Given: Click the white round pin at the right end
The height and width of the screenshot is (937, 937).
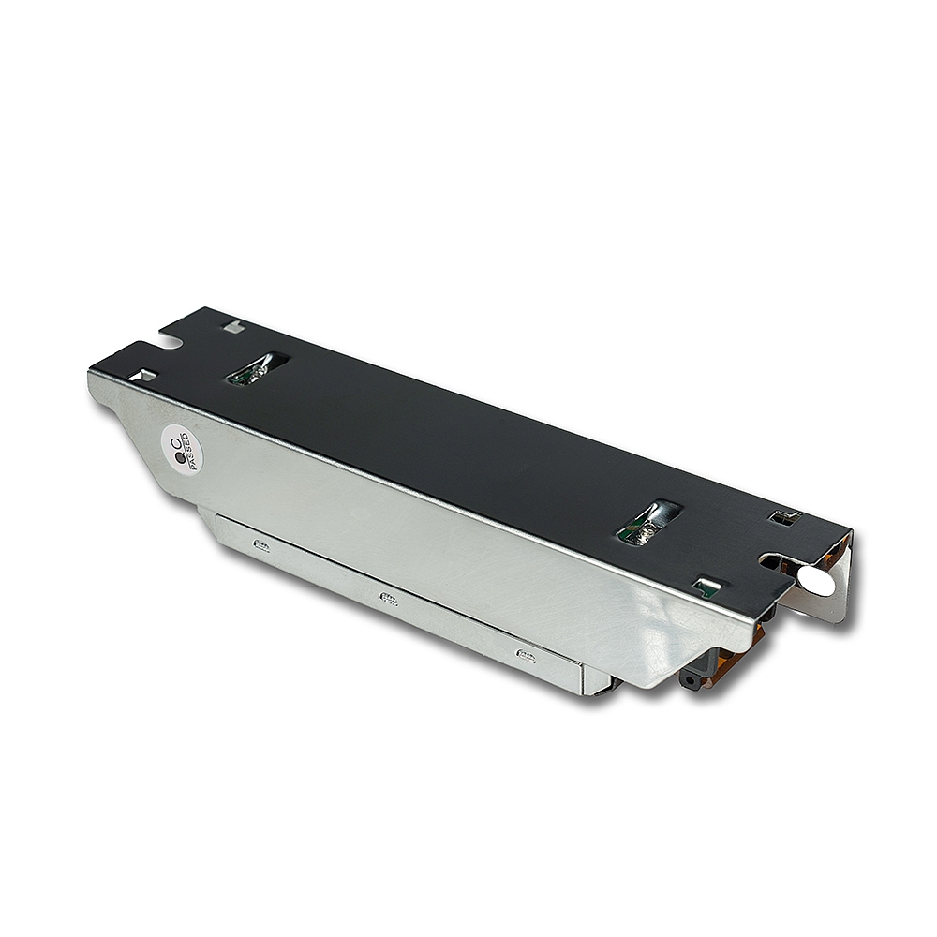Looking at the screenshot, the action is click(x=818, y=580).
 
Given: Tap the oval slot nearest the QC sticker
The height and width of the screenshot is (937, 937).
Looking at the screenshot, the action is click(x=259, y=368).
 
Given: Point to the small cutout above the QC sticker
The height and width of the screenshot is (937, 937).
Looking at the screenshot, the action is click(x=143, y=376).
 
